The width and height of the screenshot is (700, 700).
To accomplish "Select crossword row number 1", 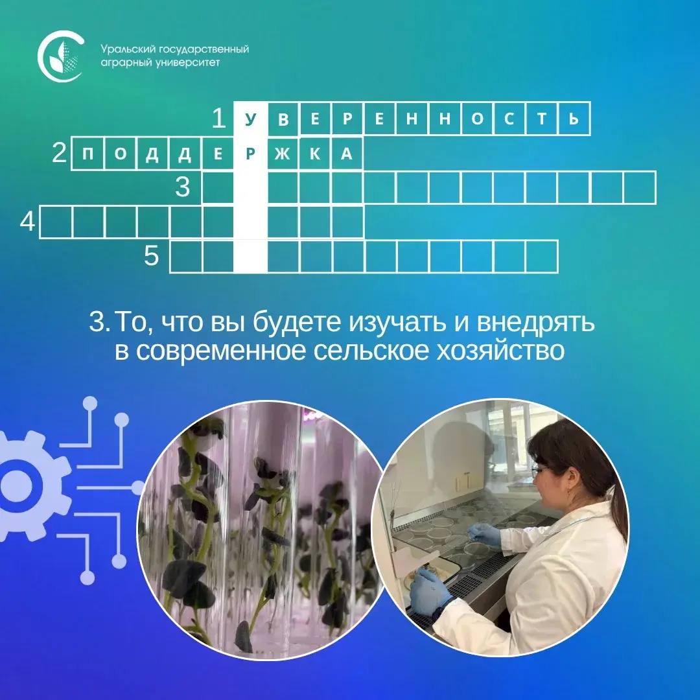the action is coord(219,119).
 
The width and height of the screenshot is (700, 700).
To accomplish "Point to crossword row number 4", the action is coord(27,221).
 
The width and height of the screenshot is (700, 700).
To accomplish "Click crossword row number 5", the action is coord(152,256).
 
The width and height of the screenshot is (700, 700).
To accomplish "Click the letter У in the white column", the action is coord(250,119).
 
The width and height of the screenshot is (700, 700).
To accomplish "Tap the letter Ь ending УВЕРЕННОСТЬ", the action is coord(574,119).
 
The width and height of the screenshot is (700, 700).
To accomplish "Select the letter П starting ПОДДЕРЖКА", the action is coord(88,154).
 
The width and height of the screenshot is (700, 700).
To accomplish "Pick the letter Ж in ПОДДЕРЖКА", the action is coord(283,154).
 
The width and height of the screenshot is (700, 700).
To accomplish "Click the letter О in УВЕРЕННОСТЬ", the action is coord(477,119).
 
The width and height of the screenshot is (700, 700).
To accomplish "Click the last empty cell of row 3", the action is coord(640,187).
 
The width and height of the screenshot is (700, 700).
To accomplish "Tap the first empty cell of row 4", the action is coord(56,222).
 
